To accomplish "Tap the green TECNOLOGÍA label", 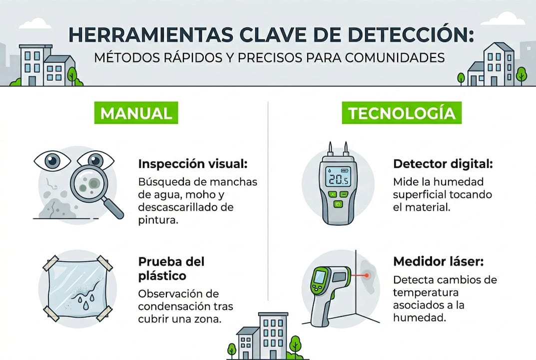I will [x=402, y=113].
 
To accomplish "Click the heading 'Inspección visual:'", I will [x=192, y=164].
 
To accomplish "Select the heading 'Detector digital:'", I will [x=443, y=164].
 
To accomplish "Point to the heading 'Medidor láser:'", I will [x=439, y=261].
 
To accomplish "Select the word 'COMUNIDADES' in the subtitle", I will [x=396, y=57].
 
